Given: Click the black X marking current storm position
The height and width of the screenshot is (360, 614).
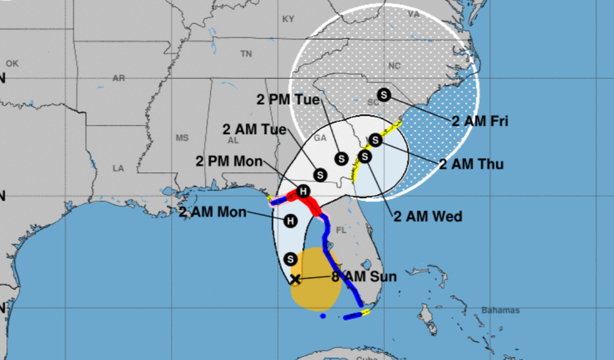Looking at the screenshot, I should [x=295, y=279].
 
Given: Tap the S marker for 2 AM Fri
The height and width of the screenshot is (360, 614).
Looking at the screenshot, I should [x=383, y=94].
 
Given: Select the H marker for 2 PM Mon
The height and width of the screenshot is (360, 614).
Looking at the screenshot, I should [x=303, y=191].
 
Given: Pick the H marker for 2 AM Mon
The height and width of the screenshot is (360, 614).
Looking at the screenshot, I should [x=291, y=220].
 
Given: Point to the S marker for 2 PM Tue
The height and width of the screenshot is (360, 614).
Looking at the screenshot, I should [x=341, y=158].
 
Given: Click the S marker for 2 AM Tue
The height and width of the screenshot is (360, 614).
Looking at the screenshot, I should [x=320, y=175].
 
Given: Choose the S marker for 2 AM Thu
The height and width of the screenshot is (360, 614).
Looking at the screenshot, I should [x=375, y=140].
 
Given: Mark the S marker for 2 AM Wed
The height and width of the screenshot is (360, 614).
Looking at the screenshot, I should [x=365, y=157].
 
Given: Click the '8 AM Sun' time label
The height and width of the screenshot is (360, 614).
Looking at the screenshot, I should [x=364, y=277].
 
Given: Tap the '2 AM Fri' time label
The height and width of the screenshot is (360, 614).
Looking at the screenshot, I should [x=479, y=121].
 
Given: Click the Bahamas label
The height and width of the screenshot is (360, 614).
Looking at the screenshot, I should [x=500, y=310].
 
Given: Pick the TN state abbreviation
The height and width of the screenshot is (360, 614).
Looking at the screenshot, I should [x=246, y=53].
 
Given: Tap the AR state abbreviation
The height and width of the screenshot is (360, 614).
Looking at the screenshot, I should [x=118, y=78].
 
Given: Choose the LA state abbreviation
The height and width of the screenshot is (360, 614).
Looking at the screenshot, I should [x=118, y=168].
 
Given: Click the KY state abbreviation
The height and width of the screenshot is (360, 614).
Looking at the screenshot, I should [x=288, y=19].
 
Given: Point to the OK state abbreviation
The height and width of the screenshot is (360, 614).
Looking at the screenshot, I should [x=12, y=64].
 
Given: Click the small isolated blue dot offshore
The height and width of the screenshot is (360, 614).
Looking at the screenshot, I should [x=322, y=316].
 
